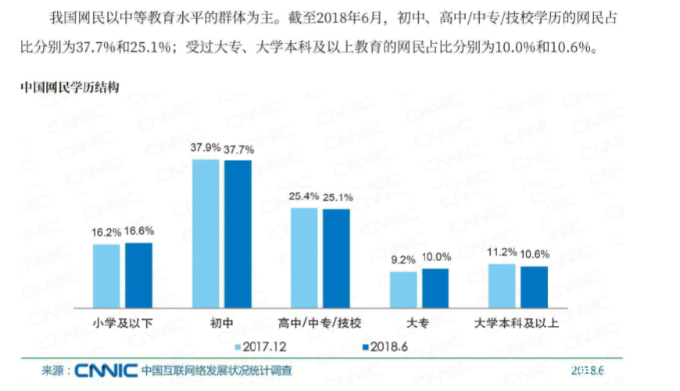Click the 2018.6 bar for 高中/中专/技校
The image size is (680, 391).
tap(336, 257)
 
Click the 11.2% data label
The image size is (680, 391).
tap(501, 253)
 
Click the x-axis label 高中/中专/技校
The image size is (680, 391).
tap(320, 322)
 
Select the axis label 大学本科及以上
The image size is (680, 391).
tap(516, 322)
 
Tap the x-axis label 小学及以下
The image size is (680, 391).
tap(122, 322)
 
